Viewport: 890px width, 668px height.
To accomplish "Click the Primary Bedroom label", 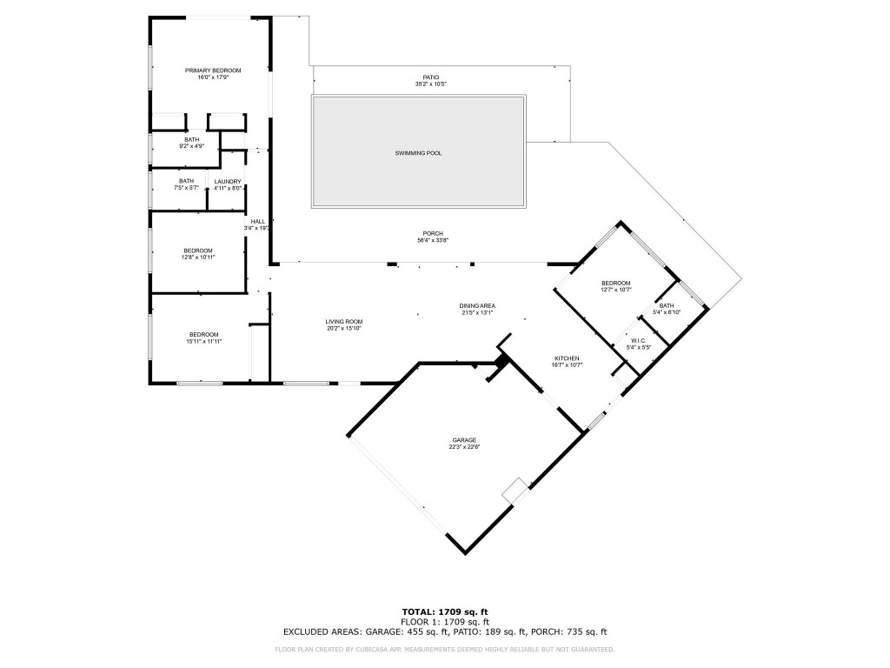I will point(212,70).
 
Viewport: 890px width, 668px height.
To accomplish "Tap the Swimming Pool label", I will point(418,153).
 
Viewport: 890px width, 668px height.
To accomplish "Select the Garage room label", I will point(463,440).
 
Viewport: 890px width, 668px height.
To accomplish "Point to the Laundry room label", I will point(228,181).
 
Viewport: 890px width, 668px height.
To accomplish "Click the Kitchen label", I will point(568,358).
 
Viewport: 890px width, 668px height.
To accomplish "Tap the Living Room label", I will point(343,322).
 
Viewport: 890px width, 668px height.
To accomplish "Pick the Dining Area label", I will point(477,305).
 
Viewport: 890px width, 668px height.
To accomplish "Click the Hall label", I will point(258,222).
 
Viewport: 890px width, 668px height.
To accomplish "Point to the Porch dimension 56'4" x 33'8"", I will point(432,241).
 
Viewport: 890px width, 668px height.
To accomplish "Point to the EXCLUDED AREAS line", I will point(444,632).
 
